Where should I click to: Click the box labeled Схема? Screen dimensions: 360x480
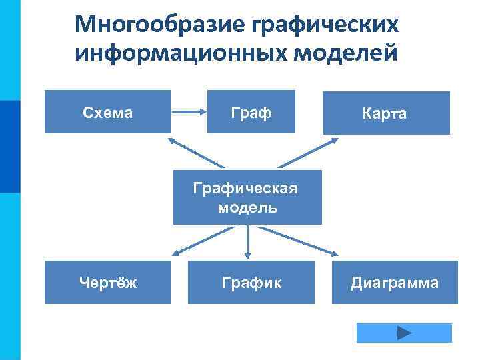tap(107, 112)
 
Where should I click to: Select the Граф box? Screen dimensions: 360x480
tap(251, 112)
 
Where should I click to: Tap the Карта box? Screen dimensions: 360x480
tap(386, 113)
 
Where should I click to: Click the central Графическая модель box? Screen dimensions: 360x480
tap(247, 197)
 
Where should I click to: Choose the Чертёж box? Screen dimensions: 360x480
tap(107, 283)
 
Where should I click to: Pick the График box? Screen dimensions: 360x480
tap(251, 283)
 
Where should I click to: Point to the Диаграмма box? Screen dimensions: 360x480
tap(395, 283)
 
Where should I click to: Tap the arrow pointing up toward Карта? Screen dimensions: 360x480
tap(305, 152)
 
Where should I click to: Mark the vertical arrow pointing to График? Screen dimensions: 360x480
tap(247, 242)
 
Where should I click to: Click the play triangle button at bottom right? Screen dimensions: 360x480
tap(404, 333)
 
